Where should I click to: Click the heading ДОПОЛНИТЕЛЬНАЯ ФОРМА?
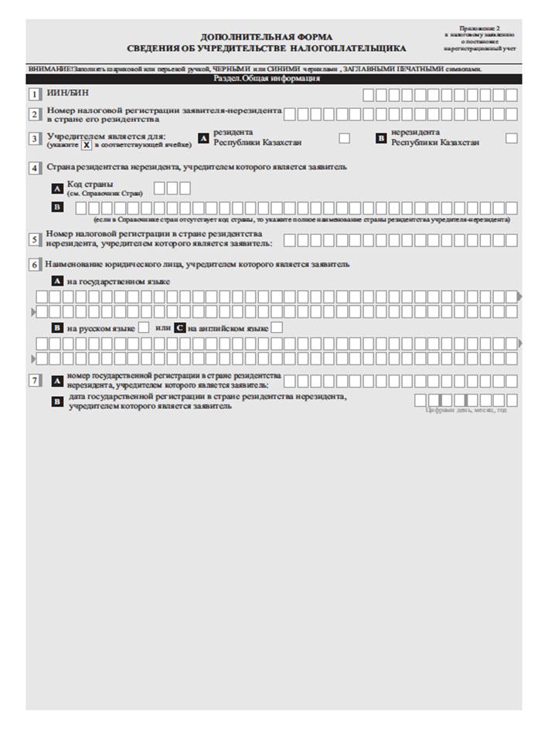(266, 37)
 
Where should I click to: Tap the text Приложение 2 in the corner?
(484, 28)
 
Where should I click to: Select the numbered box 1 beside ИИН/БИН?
(34, 95)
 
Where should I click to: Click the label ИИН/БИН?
(61, 94)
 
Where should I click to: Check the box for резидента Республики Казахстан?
(345, 138)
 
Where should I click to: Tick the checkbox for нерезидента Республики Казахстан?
(511, 138)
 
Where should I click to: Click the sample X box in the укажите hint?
(87, 144)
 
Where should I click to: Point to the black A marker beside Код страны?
(57, 188)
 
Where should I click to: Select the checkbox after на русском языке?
(143, 328)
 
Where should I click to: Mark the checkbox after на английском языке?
(277, 328)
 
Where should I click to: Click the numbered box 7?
(34, 380)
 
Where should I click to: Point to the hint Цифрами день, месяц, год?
(467, 410)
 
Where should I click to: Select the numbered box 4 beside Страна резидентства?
(34, 167)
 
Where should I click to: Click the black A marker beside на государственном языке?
(57, 282)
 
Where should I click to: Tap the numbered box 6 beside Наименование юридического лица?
(34, 264)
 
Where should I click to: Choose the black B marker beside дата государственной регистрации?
(57, 401)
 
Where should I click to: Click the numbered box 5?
(34, 239)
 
